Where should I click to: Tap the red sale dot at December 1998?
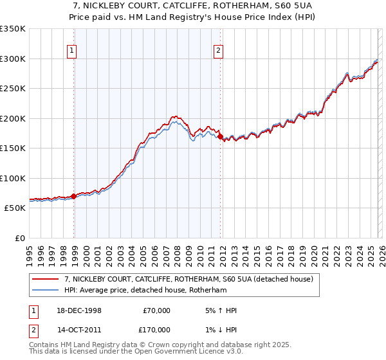pyautogui.click(x=73, y=196)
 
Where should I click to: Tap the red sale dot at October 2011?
pyautogui.click(x=220, y=136)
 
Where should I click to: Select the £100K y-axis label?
pyautogui.click(x=13, y=178)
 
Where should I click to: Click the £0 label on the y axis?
pyautogui.click(x=19, y=238)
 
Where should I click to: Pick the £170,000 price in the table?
pyautogui.click(x=156, y=329)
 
